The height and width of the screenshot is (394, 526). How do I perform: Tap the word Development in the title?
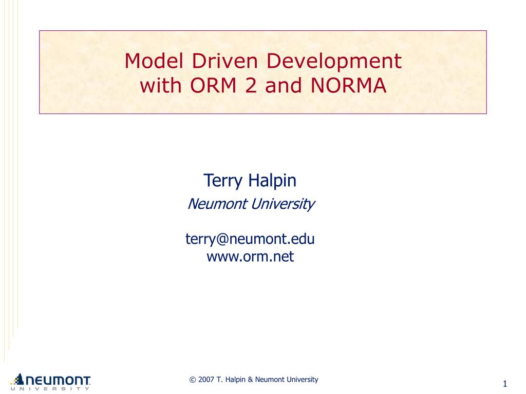click(x=332, y=62)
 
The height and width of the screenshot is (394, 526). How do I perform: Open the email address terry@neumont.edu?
click(x=250, y=239)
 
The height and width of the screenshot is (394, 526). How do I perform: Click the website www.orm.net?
click(x=250, y=256)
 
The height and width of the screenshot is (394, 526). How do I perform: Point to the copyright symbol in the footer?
click(x=193, y=380)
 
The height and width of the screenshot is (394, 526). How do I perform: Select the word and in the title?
click(x=281, y=86)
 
